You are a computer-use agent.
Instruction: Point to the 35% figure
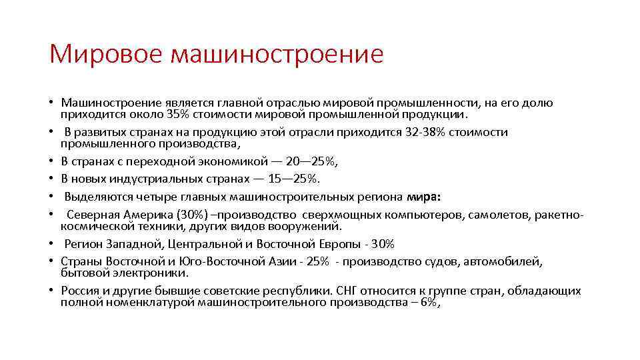(177, 113)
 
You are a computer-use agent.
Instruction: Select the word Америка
(149, 215)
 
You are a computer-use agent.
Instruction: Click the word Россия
(81, 291)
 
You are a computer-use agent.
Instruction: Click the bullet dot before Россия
(51, 291)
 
